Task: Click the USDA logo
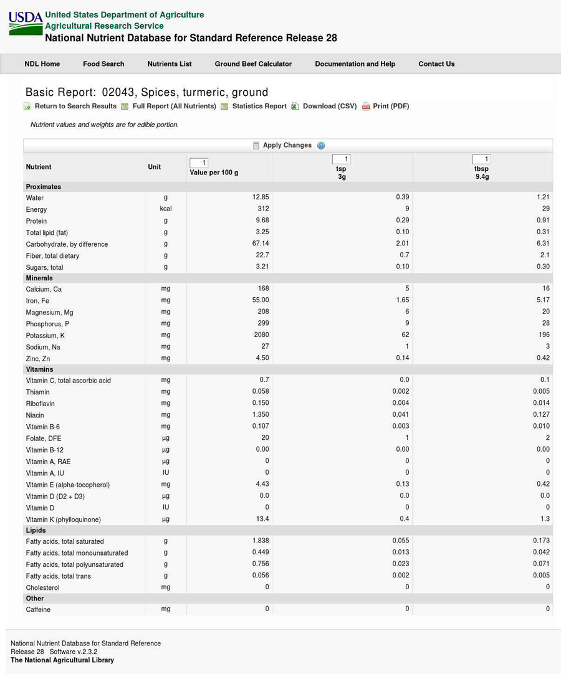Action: (x=26, y=24)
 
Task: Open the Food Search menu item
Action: (x=103, y=64)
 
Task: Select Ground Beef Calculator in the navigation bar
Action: (x=253, y=64)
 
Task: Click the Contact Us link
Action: (x=436, y=64)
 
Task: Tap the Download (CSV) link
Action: (x=329, y=106)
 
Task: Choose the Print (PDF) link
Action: (x=391, y=106)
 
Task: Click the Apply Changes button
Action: (x=287, y=145)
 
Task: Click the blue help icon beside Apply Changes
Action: (x=321, y=146)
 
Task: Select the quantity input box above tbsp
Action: (x=482, y=159)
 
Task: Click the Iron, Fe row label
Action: (x=37, y=301)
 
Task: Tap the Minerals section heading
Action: (x=39, y=278)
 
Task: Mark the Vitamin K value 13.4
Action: (x=262, y=519)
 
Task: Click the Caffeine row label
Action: (x=39, y=609)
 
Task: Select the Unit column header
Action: (x=155, y=167)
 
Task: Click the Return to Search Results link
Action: (x=75, y=106)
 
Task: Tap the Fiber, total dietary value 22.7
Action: (x=262, y=255)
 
